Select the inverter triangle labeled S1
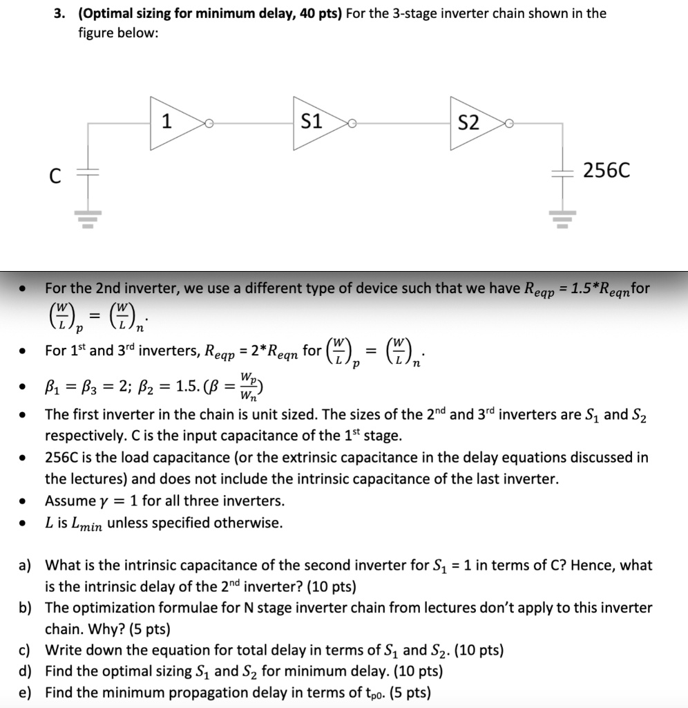pyautogui.click(x=316, y=123)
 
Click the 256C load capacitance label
pyautogui.click(x=606, y=170)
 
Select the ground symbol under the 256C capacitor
pyautogui.click(x=559, y=218)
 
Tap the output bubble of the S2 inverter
pyautogui.click(x=509, y=124)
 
